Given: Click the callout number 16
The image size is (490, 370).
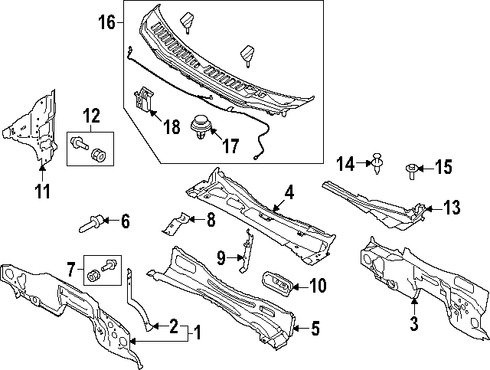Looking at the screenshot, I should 106,21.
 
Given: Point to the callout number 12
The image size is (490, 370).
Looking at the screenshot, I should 91,116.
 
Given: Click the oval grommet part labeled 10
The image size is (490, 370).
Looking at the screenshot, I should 275,283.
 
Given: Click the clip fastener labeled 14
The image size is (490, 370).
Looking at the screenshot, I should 377,162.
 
